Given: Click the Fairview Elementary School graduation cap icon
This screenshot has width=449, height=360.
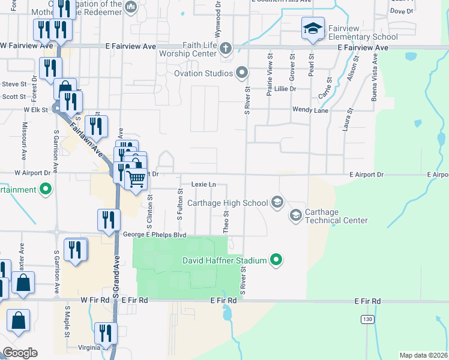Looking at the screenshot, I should pos(312,28).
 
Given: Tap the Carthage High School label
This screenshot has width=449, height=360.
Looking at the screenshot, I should pos(230,203).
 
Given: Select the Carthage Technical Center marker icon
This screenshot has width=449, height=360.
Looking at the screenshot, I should pos(295,214).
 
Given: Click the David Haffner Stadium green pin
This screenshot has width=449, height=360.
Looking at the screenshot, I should pos(276,260).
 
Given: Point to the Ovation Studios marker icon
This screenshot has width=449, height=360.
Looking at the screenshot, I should pos(242,73).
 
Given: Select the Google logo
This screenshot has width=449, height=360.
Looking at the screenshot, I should pos(20,353).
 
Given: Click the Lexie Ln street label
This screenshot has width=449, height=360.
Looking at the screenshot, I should pos(203,185).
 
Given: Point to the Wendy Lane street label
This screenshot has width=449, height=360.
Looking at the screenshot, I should pos(310,110).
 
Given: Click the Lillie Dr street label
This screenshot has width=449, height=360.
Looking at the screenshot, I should pos(285,89).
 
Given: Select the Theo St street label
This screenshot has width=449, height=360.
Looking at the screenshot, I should pos(226,221).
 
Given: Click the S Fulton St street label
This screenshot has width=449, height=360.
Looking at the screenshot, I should pos(179,205).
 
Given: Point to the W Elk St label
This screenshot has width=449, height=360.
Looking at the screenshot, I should pos(35,110).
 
